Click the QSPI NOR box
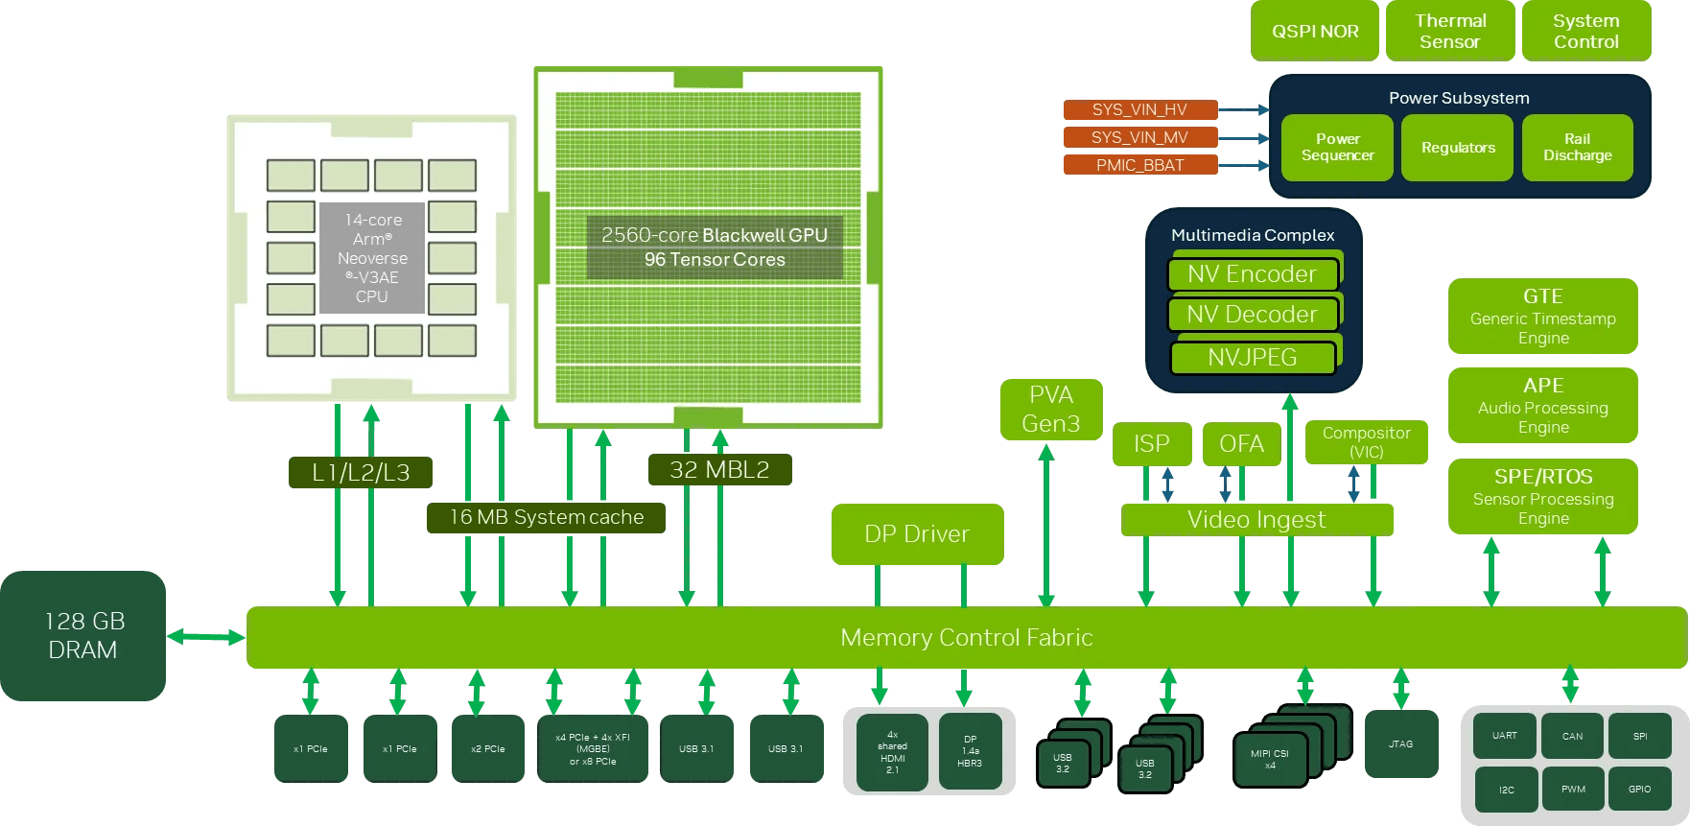(x=1314, y=31)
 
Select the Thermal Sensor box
(x=1450, y=31)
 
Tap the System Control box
(x=1585, y=31)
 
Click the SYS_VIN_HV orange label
(x=1139, y=109)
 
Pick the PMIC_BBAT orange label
(x=1139, y=165)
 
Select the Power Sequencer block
(x=1337, y=147)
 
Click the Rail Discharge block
(x=1577, y=147)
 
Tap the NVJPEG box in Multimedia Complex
(x=1252, y=358)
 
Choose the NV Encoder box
(x=1252, y=274)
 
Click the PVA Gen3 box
(x=1050, y=410)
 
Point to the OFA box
(x=1241, y=444)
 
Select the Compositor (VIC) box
(x=1366, y=442)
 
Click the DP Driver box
(x=917, y=534)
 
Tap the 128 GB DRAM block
(x=83, y=635)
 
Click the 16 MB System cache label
(x=546, y=518)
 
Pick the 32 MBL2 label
(x=719, y=470)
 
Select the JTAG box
(x=1400, y=743)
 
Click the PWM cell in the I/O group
(x=1573, y=789)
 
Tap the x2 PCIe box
(x=487, y=748)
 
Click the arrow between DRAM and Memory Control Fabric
(x=205, y=636)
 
